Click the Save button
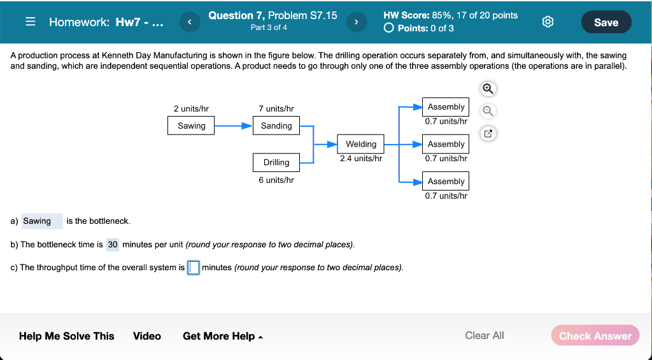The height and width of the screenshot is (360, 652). click(x=606, y=22)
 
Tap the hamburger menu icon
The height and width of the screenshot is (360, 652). click(x=30, y=22)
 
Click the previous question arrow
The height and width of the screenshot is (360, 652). click(x=188, y=22)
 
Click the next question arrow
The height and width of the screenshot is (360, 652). click(x=356, y=22)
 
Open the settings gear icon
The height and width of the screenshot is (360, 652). click(x=547, y=22)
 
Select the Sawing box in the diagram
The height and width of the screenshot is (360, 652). click(x=192, y=126)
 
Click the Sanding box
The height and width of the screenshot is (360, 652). click(x=276, y=126)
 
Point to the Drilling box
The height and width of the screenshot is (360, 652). click(x=276, y=162)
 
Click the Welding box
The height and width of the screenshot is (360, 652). click(x=361, y=144)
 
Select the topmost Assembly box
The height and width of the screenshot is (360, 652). click(x=446, y=107)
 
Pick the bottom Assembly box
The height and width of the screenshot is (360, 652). click(x=446, y=181)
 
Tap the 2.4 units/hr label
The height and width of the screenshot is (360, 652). click(x=361, y=159)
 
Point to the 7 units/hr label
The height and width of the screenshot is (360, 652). click(x=276, y=109)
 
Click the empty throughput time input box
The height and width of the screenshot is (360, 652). click(x=194, y=268)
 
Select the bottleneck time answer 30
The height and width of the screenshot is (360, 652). click(x=113, y=245)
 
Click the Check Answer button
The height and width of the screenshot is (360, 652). click(x=595, y=336)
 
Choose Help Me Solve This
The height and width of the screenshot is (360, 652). click(x=67, y=336)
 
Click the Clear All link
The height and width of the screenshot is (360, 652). click(x=484, y=335)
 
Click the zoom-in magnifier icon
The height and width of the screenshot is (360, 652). click(x=488, y=88)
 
